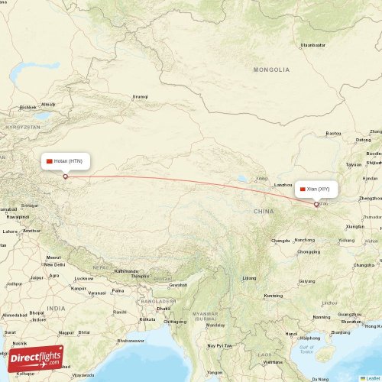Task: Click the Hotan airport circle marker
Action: tap(65, 176)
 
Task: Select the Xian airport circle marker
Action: tap(316, 204)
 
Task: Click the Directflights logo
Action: tap(36, 358)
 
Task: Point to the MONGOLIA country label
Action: tap(272, 70)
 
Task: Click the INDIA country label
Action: tap(55, 308)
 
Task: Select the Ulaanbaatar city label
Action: tap(313, 45)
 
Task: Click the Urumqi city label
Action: tap(140, 97)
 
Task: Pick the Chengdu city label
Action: tap(281, 240)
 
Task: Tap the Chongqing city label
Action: tap(308, 251)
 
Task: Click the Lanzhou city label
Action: tap(283, 185)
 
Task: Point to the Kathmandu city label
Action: tap(128, 271)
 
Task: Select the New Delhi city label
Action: tap(53, 264)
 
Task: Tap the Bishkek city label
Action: tap(28, 107)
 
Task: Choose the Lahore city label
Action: tap(10, 231)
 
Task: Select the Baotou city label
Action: tap(333, 133)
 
